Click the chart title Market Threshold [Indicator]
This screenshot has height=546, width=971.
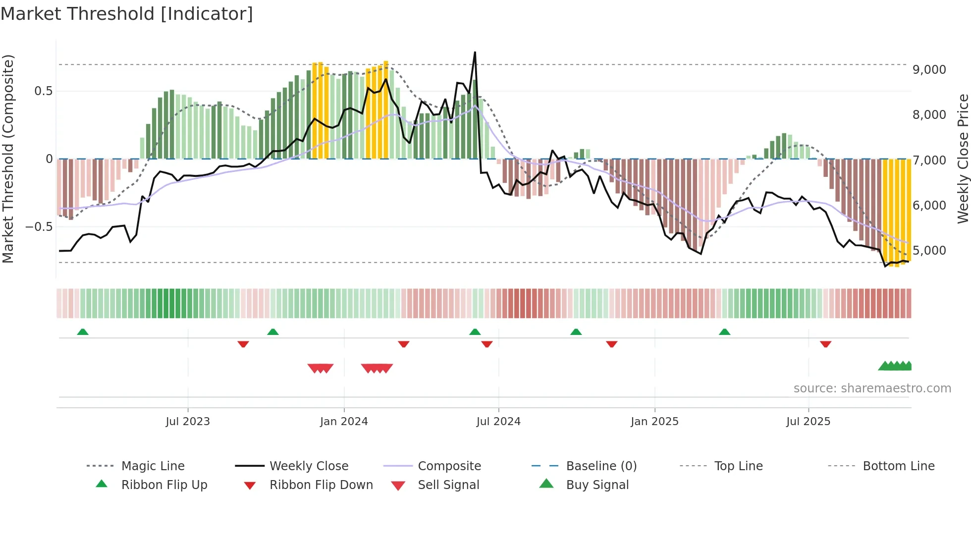(x=127, y=14)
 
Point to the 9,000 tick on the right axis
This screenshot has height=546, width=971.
(x=929, y=70)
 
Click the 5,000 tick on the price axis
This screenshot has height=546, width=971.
(x=929, y=251)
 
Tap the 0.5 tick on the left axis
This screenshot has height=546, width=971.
(x=44, y=91)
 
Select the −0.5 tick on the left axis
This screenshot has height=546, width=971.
(x=39, y=227)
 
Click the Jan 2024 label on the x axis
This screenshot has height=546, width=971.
(x=344, y=422)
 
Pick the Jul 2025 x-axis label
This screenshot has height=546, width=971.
(x=808, y=422)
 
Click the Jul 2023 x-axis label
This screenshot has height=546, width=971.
(x=188, y=422)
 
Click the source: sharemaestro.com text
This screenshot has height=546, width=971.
(x=872, y=388)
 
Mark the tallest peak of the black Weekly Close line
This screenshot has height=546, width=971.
(x=475, y=52)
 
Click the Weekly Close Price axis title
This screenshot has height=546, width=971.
(x=963, y=159)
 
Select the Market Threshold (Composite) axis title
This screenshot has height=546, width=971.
(x=8, y=159)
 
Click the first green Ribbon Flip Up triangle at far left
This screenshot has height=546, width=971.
(x=83, y=332)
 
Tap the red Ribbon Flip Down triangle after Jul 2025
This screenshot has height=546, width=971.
(x=825, y=344)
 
